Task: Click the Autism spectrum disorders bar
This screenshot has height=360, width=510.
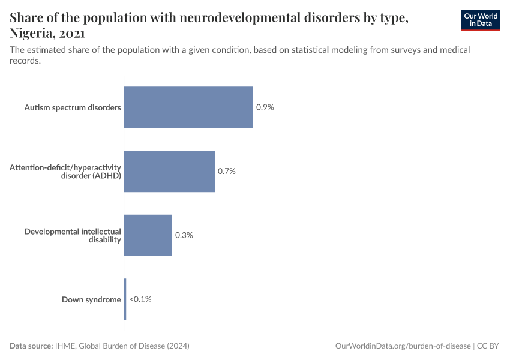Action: (188, 107)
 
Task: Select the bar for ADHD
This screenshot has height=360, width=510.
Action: (169, 171)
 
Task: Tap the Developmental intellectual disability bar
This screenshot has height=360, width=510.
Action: (148, 235)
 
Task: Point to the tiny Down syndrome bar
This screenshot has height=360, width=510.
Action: (125, 299)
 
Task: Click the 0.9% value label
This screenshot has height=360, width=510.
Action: (265, 107)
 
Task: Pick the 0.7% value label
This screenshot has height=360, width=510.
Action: (226, 171)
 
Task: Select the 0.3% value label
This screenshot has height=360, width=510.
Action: (184, 235)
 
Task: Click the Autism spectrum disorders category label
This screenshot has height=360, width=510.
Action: (73, 107)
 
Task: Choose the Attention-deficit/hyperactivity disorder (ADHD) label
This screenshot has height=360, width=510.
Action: (65, 171)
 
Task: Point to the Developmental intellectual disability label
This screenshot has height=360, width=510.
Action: (73, 235)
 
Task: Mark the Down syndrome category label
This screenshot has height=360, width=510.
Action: (91, 299)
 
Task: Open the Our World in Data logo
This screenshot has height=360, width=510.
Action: (481, 20)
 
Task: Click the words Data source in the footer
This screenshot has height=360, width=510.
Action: (31, 346)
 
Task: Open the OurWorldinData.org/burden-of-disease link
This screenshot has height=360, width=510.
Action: (403, 346)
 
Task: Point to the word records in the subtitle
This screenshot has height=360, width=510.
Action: (25, 61)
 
